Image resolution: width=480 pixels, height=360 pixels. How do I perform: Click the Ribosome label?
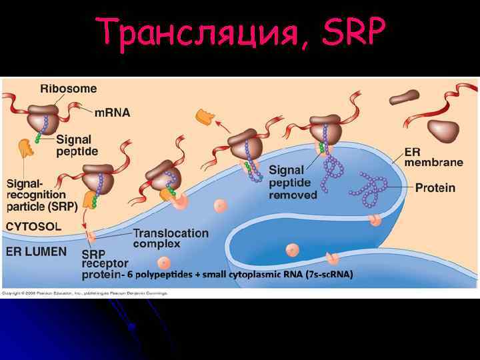pyautogui.click(x=68, y=89)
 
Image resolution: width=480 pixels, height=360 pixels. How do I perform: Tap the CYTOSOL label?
pyautogui.click(x=33, y=226)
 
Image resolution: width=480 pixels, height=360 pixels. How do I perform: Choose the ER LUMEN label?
pyautogui.click(x=37, y=251)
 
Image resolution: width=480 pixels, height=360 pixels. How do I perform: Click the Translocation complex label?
pyautogui.click(x=170, y=239)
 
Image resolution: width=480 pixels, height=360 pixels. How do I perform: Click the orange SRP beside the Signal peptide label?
pyautogui.click(x=27, y=148)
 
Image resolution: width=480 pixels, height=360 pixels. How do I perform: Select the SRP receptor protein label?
pyautogui.click(x=101, y=264)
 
